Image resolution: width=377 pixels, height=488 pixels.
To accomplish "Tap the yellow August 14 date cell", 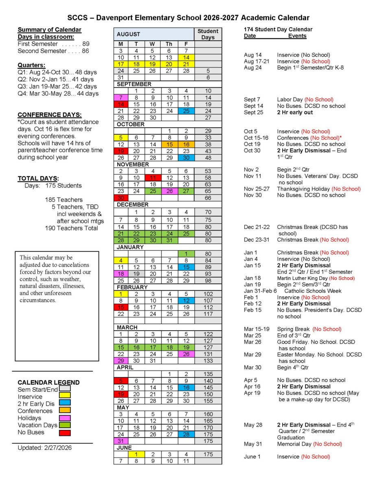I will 185,57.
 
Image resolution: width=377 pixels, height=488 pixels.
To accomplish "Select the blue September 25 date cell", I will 185,111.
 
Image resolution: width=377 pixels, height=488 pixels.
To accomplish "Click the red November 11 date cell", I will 152,177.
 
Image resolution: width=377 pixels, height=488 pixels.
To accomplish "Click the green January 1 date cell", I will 185,253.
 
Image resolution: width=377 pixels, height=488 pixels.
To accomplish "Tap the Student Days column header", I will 208,34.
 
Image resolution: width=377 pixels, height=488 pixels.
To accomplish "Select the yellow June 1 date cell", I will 137,454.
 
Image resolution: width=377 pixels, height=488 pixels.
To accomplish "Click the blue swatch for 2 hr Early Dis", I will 65,403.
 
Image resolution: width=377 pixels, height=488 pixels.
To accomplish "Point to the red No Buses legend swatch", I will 65,432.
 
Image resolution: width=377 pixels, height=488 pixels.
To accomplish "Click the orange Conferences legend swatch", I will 65,410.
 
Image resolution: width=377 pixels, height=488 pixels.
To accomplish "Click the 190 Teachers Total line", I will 71,228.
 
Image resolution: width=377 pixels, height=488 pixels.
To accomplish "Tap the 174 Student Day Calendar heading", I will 278,30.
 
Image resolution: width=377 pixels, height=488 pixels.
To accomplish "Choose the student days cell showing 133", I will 208,361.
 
